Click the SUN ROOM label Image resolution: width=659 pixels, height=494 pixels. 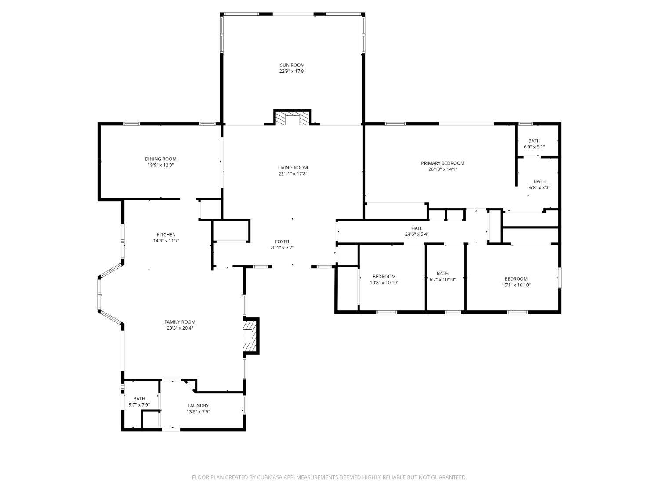tap(292, 65)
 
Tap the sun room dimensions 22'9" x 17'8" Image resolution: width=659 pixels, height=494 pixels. tap(292, 72)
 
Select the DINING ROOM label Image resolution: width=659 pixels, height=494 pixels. tap(161, 159)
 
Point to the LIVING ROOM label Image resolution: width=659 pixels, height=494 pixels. tap(293, 168)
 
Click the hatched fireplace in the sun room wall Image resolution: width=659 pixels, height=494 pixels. tap(292, 118)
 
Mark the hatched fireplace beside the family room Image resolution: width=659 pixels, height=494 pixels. tap(250, 336)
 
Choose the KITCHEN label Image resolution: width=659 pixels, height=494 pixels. tap(166, 235)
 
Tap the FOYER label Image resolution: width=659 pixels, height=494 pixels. tap(282, 242)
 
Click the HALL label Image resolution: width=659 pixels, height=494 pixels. tap(417, 228)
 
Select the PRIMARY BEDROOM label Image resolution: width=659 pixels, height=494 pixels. tap(442, 163)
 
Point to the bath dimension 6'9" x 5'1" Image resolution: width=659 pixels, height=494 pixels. tap(534, 147)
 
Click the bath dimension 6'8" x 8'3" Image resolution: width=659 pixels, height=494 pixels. tap(540, 188)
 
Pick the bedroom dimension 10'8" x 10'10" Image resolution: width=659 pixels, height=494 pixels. tap(384, 283)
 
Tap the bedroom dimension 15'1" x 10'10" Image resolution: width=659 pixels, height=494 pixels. tap(516, 285)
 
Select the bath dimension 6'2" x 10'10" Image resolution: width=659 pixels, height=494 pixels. tap(442, 280)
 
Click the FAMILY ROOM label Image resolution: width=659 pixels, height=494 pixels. tap(180, 322)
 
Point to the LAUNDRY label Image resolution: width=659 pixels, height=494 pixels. tap(198, 405)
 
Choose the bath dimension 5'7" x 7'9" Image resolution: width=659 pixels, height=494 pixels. tap(139, 405)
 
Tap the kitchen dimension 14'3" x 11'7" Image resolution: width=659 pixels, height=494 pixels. tap(166, 241)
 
